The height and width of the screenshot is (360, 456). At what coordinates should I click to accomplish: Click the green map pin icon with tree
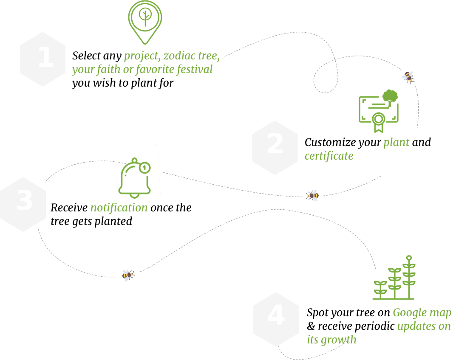(145, 22)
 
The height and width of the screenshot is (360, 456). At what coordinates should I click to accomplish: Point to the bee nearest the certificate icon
(408, 76)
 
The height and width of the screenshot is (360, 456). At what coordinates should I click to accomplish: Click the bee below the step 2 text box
(312, 195)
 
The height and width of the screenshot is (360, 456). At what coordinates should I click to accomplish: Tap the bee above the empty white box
(127, 275)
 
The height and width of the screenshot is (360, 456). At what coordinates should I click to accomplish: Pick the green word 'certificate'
(329, 156)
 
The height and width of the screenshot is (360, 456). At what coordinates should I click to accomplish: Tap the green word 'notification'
(119, 208)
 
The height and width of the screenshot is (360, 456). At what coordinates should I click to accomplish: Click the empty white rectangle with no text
(98, 315)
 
